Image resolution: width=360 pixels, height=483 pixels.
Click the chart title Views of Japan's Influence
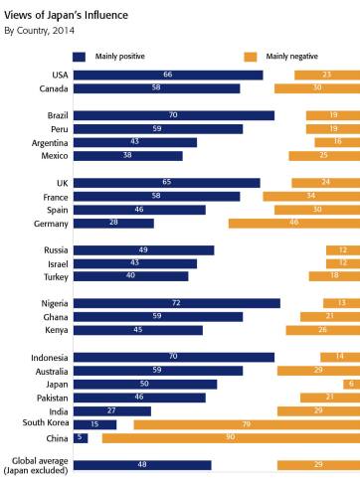(66, 15)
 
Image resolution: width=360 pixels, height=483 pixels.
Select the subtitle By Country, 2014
(39, 31)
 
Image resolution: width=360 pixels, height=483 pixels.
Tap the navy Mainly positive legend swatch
(79, 57)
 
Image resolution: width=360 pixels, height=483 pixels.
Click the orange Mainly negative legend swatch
(251, 57)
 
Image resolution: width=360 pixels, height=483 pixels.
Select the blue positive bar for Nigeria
(177, 303)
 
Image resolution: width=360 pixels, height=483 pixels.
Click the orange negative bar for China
(231, 438)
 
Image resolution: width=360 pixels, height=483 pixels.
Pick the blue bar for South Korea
(94, 424)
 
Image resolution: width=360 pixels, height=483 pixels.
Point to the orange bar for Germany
(294, 224)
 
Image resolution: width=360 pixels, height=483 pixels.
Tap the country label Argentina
(50, 143)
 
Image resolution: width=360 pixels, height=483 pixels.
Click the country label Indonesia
(50, 358)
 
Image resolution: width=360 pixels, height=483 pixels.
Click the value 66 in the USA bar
(168, 75)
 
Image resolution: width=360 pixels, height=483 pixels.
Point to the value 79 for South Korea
(247, 424)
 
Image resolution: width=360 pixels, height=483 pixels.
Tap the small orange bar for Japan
(352, 384)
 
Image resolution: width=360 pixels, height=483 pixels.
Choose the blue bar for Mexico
(128, 156)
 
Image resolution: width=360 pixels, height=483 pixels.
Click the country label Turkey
(56, 277)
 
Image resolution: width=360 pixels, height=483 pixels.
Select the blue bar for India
(112, 411)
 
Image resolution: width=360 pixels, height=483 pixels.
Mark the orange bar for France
(311, 197)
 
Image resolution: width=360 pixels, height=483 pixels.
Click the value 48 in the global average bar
(142, 464)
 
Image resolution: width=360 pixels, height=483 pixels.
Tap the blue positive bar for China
(81, 438)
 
